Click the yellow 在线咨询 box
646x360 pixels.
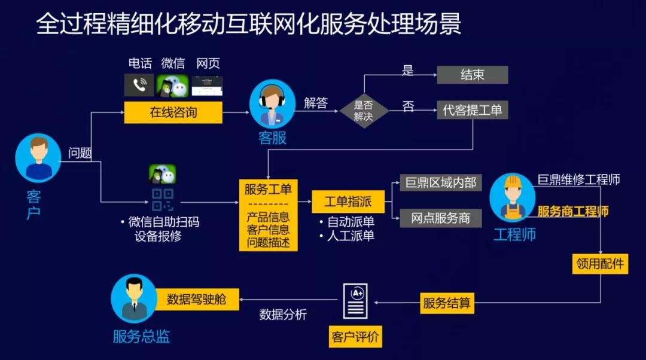(173, 112)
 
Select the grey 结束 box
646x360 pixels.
(472, 75)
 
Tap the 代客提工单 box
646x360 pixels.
(472, 110)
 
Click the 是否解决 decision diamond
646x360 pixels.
(364, 111)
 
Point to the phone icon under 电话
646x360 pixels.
(139, 86)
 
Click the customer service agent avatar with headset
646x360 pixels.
(272, 103)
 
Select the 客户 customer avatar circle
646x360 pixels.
(38, 158)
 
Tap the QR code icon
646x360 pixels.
(162, 200)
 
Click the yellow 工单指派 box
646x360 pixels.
(348, 202)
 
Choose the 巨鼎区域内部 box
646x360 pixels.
(441, 182)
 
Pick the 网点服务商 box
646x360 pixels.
(441, 218)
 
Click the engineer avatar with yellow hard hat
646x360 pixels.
(512, 197)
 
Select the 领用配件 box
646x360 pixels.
(600, 264)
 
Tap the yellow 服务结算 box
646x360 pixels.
(447, 303)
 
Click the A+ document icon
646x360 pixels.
(355, 301)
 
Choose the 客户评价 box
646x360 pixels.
(355, 337)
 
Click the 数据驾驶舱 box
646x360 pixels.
(196, 299)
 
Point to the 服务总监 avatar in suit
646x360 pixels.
(134, 298)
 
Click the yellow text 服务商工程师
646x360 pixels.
(573, 211)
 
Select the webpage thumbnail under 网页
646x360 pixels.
(207, 86)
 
